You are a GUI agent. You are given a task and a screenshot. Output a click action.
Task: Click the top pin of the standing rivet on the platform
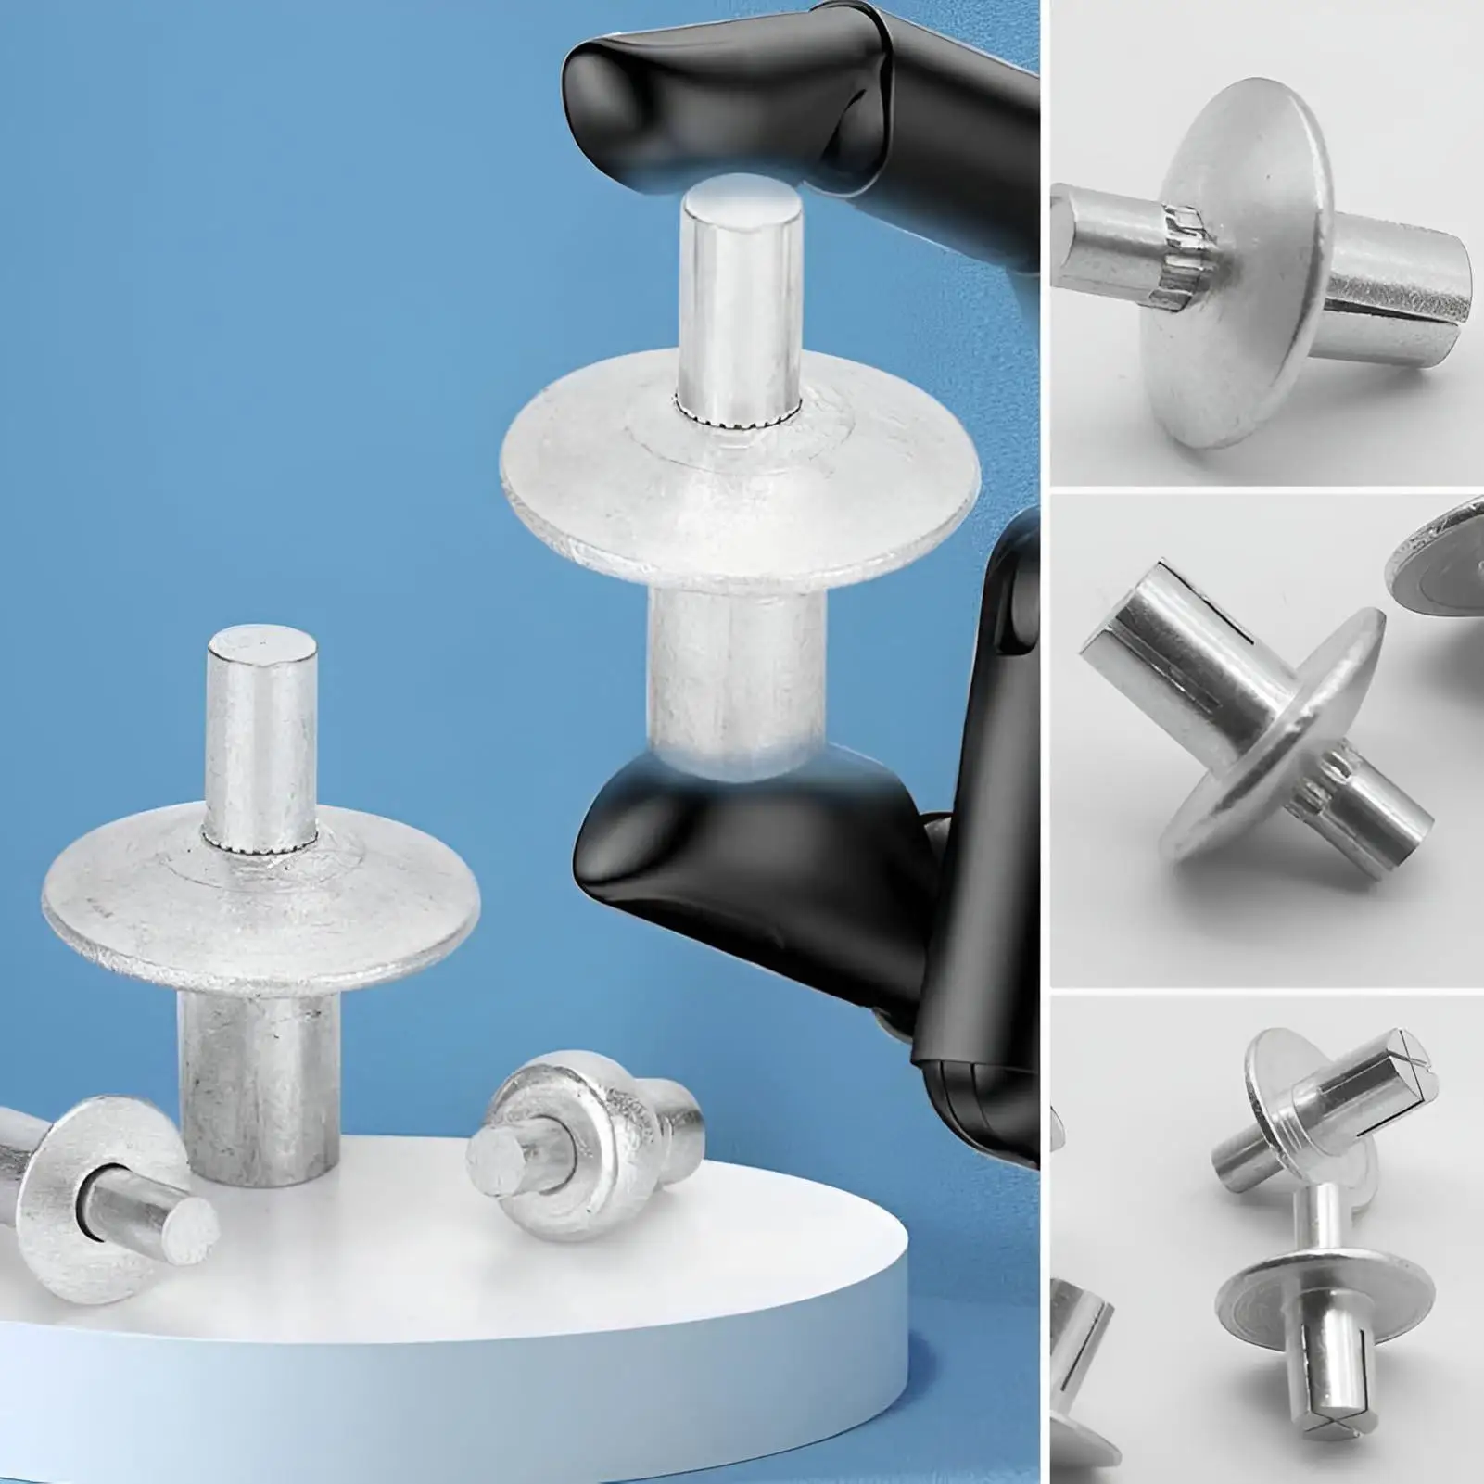pos(258,732)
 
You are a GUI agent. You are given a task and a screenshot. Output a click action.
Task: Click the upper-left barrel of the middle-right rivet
pos(1159,621)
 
